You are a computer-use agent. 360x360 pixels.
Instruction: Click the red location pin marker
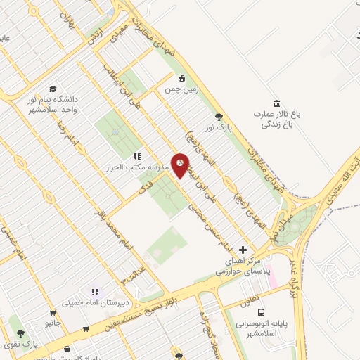pos(180,165)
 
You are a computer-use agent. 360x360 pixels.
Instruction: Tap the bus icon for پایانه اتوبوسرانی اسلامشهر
pos(261,312)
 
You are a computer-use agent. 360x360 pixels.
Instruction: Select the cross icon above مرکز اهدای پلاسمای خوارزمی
pos(243,250)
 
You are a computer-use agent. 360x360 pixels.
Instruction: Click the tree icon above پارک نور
pos(219,117)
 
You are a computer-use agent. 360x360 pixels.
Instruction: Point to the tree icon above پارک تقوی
pos(21,334)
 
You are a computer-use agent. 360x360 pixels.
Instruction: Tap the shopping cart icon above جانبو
pos(52,313)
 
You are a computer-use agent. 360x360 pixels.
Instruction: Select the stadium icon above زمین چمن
pos(181,79)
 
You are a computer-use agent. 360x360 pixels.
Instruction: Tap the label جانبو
pos(53,323)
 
